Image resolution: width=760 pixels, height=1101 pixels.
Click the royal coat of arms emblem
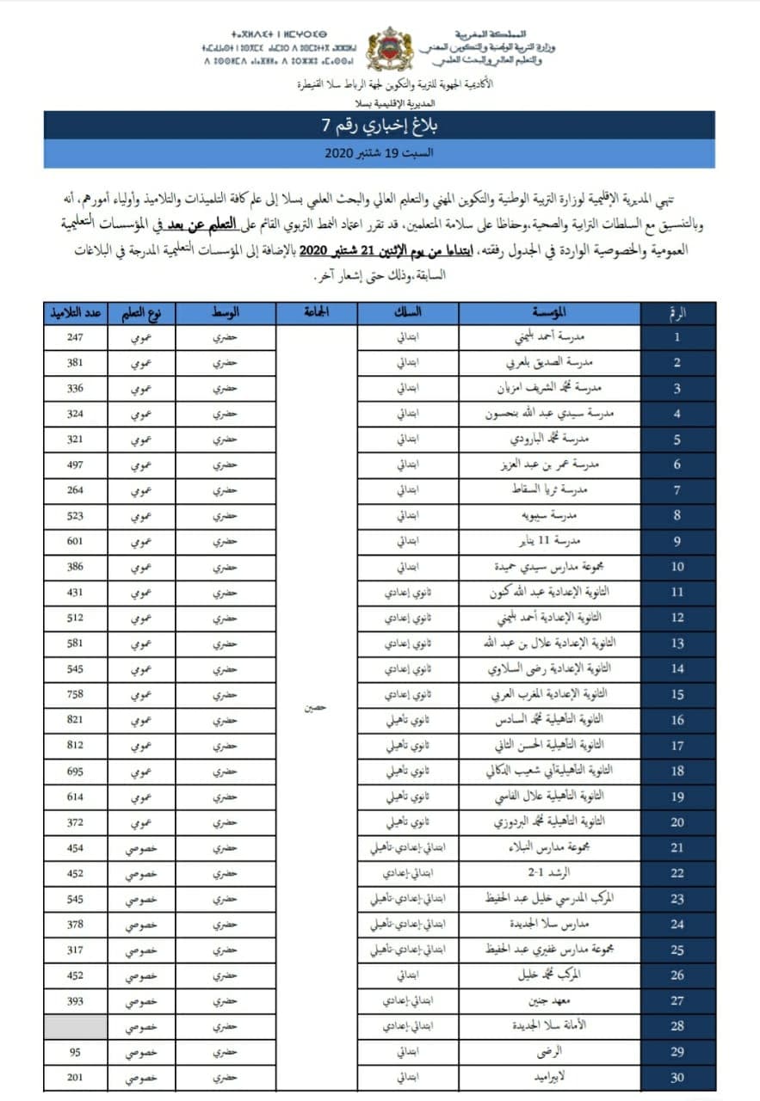[389, 49]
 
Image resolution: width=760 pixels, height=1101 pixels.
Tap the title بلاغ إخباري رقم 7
[380, 124]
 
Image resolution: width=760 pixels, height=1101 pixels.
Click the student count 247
[76, 338]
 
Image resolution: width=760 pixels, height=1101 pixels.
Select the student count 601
[76, 541]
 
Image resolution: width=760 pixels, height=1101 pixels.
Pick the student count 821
[76, 719]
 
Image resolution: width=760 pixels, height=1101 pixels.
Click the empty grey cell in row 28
[76, 1026]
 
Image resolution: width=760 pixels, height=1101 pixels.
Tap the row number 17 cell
[677, 745]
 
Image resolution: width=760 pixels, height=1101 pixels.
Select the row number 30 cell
[677, 1078]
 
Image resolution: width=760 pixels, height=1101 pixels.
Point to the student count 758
[76, 694]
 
